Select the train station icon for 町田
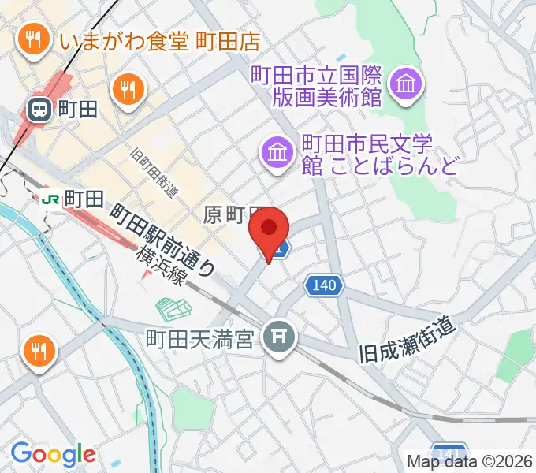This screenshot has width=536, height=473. coord(38,110)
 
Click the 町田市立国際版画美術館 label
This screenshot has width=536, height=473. coord(317,87)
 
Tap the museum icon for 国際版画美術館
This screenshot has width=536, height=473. coord(408,83)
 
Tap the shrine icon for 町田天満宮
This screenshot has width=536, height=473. coord(278,338)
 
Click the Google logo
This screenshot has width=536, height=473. coord(53,454)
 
